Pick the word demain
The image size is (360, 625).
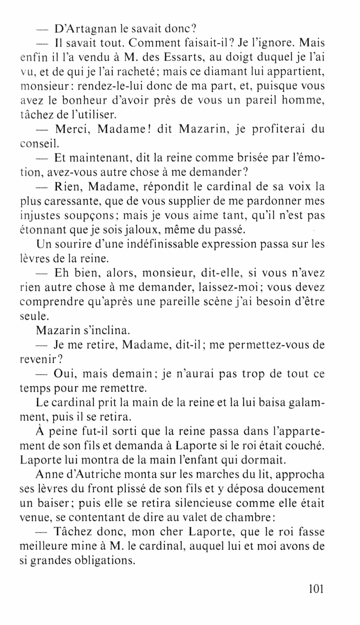click(x=133, y=373)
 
